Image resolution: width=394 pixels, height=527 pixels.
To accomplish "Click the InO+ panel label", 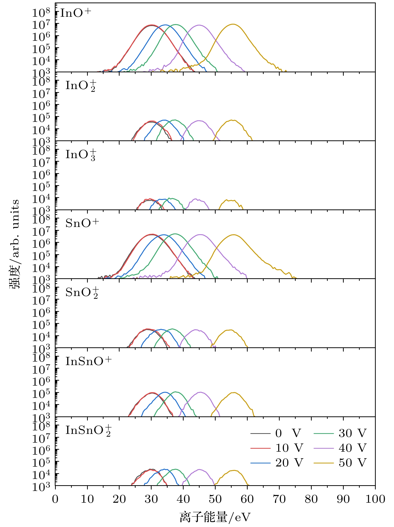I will (x=76, y=13).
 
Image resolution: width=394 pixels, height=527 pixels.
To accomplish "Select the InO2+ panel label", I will (x=81, y=86).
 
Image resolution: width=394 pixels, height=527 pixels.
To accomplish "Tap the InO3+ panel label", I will (x=81, y=155).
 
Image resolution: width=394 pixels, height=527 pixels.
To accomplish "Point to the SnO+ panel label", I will (x=82, y=223).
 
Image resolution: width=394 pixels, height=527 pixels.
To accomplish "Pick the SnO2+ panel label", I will (x=82, y=293).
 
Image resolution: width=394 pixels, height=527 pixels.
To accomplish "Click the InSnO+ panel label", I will (x=88, y=361).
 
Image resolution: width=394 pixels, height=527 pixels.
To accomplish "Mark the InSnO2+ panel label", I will (x=88, y=431).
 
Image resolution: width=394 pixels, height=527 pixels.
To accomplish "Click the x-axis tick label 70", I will (x=279, y=499).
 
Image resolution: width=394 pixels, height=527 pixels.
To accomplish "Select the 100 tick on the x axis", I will (x=375, y=499).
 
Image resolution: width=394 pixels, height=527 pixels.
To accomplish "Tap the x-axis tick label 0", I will (x=55, y=499).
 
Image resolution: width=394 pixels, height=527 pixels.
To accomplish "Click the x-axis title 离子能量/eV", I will (x=215, y=517).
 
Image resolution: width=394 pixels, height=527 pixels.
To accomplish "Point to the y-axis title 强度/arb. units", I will (x=15, y=244).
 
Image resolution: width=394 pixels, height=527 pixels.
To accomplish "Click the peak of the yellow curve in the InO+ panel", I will (x=233, y=24).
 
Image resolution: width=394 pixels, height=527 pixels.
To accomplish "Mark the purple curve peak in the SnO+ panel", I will (x=200, y=234).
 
